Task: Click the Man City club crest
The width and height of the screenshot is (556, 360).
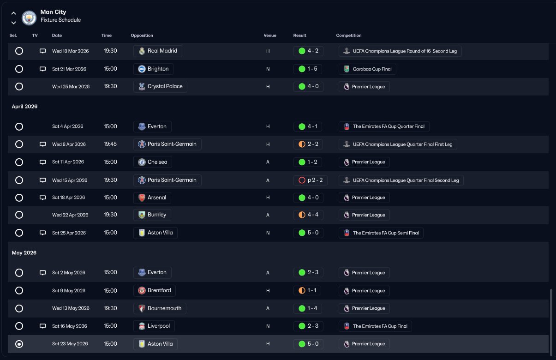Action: [29, 18]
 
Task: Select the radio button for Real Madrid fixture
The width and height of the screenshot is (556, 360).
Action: [19, 51]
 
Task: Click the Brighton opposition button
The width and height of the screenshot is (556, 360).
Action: [153, 69]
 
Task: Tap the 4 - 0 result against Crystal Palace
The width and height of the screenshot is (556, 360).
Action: [308, 86]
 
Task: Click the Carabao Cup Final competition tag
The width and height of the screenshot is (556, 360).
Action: [367, 69]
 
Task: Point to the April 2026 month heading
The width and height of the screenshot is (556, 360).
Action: [24, 107]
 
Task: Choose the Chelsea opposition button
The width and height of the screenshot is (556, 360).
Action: [153, 162]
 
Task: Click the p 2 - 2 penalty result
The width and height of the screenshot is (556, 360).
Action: [310, 180]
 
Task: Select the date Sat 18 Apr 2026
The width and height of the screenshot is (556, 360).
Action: [68, 198]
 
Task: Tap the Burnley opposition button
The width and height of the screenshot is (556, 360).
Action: [152, 215]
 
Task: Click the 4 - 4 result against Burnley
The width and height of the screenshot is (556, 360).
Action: [308, 215]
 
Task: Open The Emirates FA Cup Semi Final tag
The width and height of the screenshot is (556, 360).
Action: [381, 233]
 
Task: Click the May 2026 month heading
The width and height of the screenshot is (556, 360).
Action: [24, 253]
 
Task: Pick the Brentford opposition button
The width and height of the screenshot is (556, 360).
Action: [155, 290]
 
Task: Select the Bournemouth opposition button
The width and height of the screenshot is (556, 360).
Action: [160, 308]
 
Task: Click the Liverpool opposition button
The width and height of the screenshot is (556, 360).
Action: [154, 326]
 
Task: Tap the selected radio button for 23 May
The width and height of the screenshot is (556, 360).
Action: [19, 344]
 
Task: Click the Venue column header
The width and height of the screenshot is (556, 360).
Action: [270, 36]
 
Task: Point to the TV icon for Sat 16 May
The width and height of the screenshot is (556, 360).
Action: [42, 326]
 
